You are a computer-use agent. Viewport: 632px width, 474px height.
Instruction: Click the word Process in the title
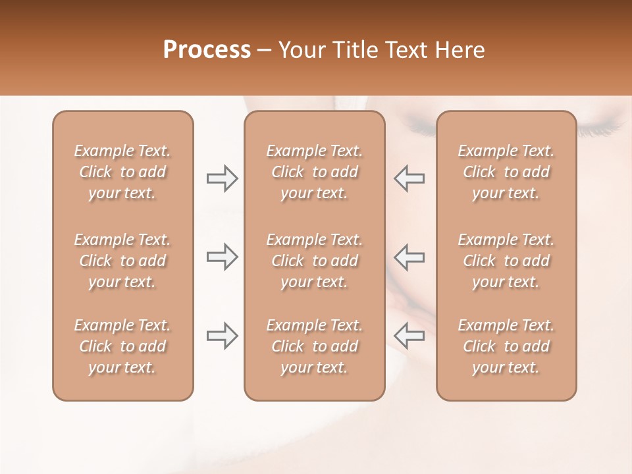(x=207, y=50)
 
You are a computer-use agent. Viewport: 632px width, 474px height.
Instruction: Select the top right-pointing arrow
(x=222, y=178)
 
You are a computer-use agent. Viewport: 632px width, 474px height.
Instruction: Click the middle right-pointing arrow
(x=222, y=257)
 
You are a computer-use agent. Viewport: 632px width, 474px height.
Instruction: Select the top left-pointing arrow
(x=409, y=178)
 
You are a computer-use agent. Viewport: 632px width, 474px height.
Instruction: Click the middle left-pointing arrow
(x=409, y=257)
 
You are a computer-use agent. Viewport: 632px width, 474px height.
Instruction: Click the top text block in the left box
(x=122, y=172)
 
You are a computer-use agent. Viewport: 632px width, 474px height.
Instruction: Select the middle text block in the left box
(x=122, y=261)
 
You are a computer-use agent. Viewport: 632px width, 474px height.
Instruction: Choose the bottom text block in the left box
(x=122, y=346)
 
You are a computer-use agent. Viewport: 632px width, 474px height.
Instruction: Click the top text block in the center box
(x=314, y=172)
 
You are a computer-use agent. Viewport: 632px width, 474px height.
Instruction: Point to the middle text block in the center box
(x=314, y=261)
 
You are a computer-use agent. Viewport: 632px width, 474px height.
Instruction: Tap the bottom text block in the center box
(x=314, y=346)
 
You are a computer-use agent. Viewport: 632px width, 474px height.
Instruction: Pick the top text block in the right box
(x=506, y=172)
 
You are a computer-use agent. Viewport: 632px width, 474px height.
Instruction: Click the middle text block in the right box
(x=506, y=261)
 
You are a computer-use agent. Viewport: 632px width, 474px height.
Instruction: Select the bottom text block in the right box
(x=506, y=346)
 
